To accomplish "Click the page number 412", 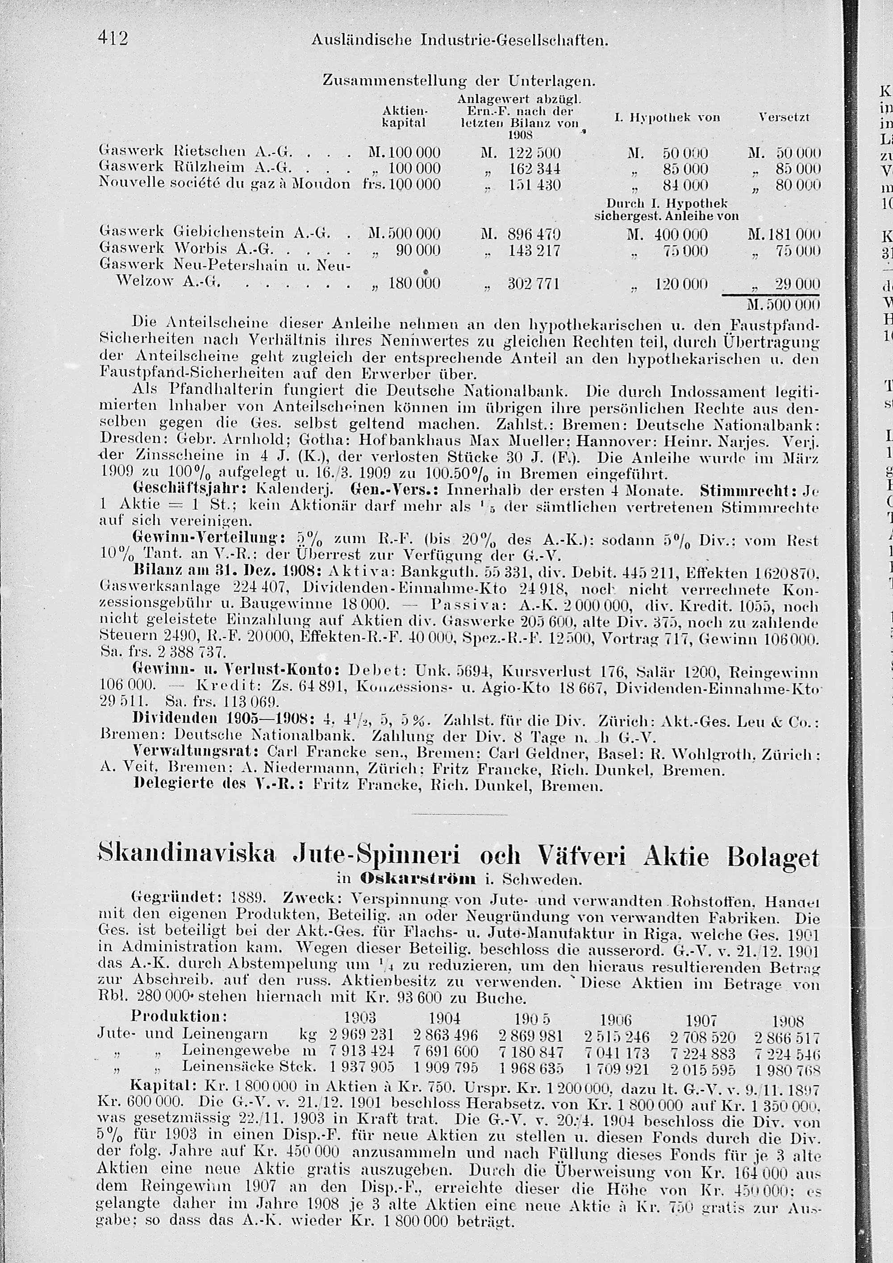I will click(x=113, y=38).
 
